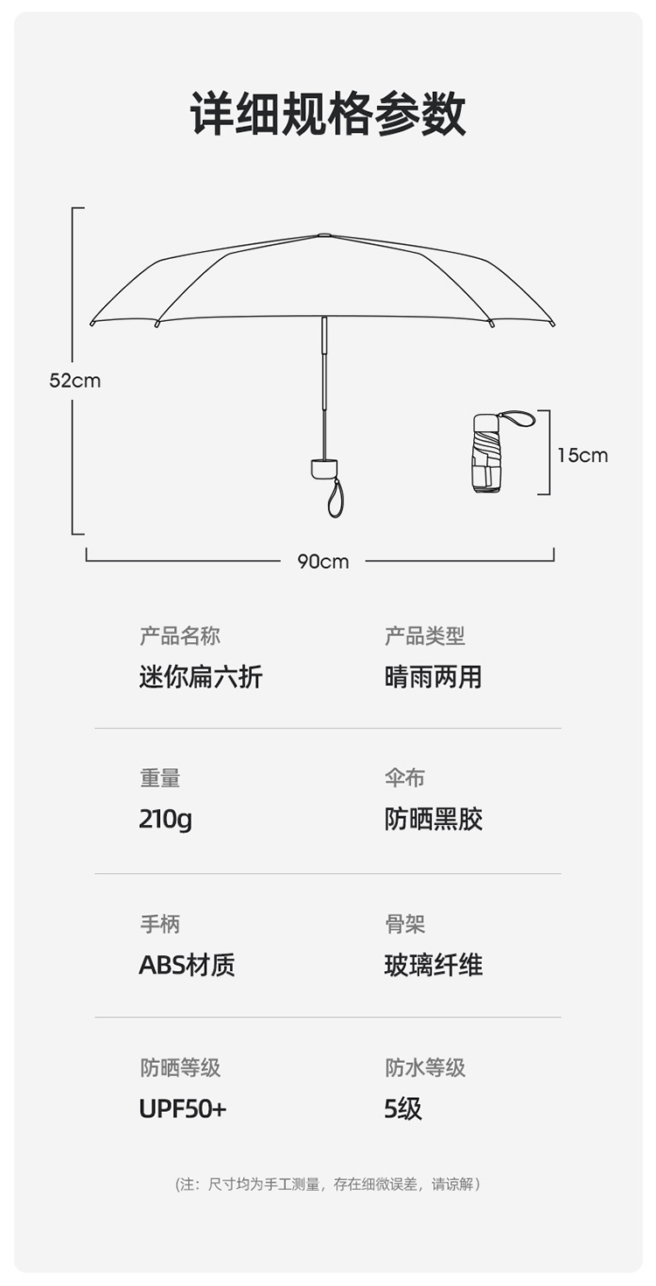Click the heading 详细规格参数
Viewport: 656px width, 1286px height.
(328, 114)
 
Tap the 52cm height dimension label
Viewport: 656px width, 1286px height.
(75, 381)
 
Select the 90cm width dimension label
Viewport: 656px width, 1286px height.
(323, 562)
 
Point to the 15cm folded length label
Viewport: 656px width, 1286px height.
(583, 455)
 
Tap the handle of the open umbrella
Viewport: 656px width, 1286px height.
(324, 468)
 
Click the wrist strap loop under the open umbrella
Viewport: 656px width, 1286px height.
(336, 499)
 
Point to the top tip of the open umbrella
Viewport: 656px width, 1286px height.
(325, 234)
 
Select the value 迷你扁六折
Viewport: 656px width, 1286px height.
(200, 677)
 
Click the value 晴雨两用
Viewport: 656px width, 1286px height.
(433, 677)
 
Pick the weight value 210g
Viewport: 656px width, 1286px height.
(165, 820)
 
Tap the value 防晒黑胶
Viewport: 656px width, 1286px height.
(433, 820)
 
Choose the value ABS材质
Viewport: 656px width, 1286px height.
(187, 965)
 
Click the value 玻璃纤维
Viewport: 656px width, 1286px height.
(433, 965)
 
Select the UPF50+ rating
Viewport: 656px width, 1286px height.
(183, 1109)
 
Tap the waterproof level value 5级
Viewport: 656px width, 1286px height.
(403, 1109)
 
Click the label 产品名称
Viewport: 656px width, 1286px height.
(180, 636)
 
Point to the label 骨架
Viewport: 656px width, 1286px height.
(405, 924)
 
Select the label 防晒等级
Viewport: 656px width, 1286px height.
(180, 1067)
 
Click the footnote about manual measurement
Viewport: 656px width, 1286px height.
(328, 1185)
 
